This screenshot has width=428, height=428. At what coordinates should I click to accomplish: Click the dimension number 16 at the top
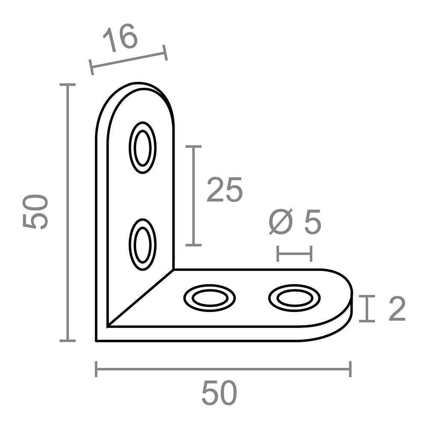(121, 38)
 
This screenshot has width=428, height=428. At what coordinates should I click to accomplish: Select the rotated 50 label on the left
(36, 212)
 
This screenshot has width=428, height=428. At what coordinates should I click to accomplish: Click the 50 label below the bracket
(219, 394)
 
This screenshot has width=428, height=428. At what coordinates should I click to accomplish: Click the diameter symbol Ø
(282, 223)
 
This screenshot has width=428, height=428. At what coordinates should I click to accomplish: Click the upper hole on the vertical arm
(143, 147)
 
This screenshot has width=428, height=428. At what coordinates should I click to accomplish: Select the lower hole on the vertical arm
(143, 244)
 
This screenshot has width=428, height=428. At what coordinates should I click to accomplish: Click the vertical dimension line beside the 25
(194, 196)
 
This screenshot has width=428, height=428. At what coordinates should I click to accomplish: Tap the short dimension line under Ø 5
(294, 254)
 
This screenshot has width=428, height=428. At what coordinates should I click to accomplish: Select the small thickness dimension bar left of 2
(367, 308)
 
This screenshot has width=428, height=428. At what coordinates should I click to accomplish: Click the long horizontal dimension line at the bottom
(223, 369)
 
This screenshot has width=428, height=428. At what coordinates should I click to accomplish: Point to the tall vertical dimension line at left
(67, 213)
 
